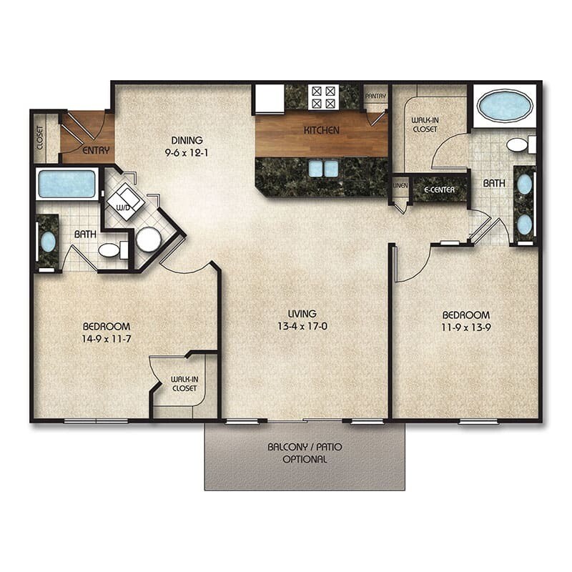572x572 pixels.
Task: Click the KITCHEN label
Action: pyautogui.click(x=321, y=130)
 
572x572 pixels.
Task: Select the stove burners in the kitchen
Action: pyautogui.click(x=322, y=97)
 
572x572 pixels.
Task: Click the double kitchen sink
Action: pyautogui.click(x=322, y=168)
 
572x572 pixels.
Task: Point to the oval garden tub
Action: pyautogui.click(x=504, y=106)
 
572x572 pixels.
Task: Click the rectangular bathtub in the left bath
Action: pyautogui.click(x=66, y=184)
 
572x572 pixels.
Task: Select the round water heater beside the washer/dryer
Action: pyautogui.click(x=148, y=240)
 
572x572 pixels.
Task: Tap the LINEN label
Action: pyautogui.click(x=400, y=185)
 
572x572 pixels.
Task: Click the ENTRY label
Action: pyautogui.click(x=96, y=151)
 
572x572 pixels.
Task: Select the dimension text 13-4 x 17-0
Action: pyautogui.click(x=302, y=327)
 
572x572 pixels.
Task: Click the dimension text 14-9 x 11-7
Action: pyautogui.click(x=107, y=339)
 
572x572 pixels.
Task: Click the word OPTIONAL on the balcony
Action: pyautogui.click(x=305, y=459)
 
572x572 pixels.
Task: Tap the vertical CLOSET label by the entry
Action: pyautogui.click(x=40, y=139)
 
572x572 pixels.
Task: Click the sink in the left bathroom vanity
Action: pyautogui.click(x=48, y=242)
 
